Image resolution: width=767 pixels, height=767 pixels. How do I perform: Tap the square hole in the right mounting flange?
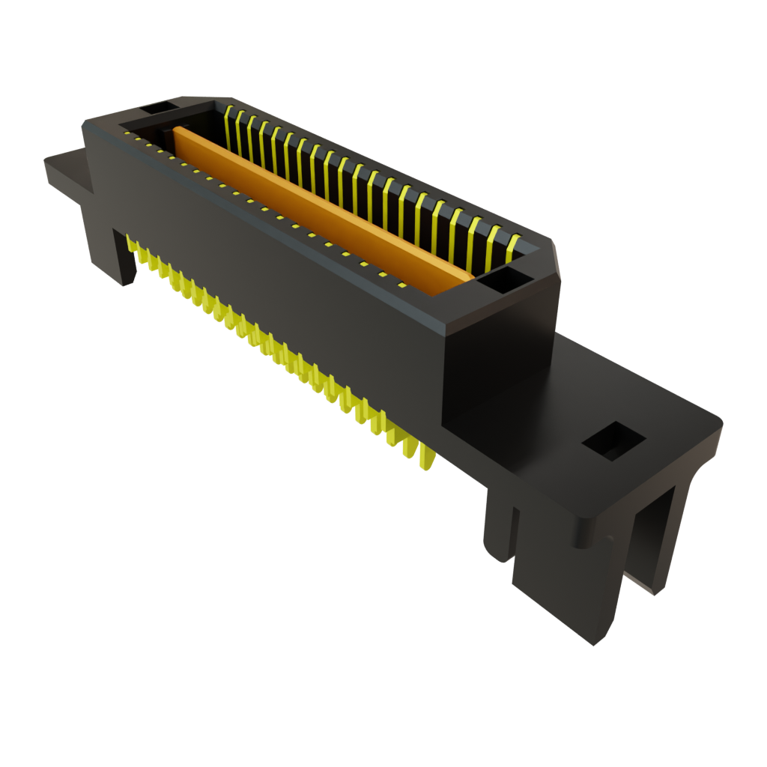pos(613,440)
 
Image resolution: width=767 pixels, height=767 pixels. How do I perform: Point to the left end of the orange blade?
pos(178,135)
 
